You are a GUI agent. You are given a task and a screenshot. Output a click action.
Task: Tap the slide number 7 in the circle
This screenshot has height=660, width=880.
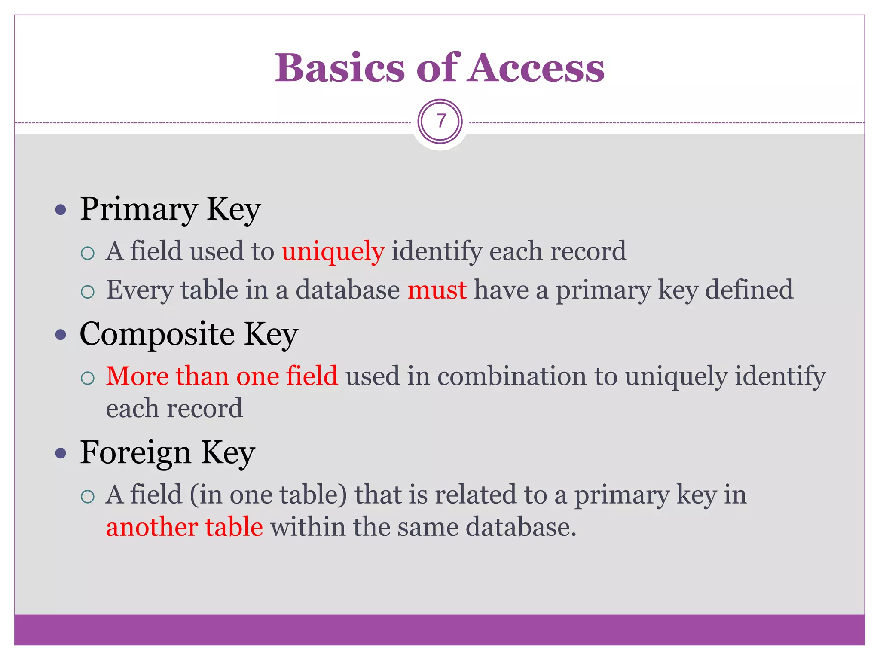[440, 122]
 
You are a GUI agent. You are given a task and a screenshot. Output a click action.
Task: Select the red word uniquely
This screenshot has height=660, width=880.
[333, 251]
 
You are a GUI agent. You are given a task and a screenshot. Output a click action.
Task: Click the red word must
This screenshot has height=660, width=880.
[437, 290]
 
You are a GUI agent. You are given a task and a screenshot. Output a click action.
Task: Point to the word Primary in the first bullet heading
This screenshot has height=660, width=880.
[139, 210]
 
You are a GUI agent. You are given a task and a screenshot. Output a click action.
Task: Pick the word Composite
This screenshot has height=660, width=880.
[157, 334]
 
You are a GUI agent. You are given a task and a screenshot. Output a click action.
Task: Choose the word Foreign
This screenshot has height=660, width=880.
[135, 453]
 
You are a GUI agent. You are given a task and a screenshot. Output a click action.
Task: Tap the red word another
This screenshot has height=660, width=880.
[152, 527]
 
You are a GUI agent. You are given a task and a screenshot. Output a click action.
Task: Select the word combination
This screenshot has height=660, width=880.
[512, 376]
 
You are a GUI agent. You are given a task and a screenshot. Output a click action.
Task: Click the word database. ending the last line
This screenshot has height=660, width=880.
[521, 527]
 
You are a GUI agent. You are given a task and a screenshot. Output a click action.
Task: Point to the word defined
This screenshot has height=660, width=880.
[749, 290]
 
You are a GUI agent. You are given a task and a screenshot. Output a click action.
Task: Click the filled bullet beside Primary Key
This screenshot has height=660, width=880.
[61, 210]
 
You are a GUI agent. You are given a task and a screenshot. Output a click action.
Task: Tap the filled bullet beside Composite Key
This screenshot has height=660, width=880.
[61, 335]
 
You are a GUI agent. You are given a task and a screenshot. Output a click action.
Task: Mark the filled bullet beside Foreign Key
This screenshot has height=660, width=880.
[61, 453]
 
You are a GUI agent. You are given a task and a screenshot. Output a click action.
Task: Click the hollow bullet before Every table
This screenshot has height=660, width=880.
[88, 292]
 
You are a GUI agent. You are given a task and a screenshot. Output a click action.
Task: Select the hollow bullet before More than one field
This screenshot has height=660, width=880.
[88, 378]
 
